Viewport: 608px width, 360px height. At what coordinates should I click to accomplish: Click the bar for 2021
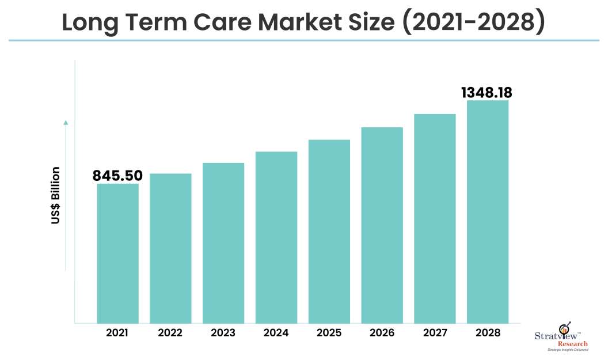tap(117, 253)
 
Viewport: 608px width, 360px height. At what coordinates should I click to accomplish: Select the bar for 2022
tap(170, 248)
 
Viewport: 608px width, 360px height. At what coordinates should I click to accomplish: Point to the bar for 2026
tap(382, 225)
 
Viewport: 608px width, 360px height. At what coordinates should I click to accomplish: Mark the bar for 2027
tap(435, 218)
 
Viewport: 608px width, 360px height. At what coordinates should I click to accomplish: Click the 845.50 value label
tap(117, 176)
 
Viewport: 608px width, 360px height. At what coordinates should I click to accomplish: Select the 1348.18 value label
tap(487, 93)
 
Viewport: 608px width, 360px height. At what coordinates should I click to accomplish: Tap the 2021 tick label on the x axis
tap(117, 333)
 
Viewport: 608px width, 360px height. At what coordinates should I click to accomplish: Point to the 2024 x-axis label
tap(276, 333)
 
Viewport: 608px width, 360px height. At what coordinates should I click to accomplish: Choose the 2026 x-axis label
tap(382, 333)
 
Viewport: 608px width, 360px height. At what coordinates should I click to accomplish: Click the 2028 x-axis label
tap(488, 333)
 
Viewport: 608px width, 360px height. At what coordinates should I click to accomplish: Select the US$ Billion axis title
tap(56, 195)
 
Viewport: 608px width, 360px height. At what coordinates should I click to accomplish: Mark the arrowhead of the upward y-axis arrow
tap(66, 122)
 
